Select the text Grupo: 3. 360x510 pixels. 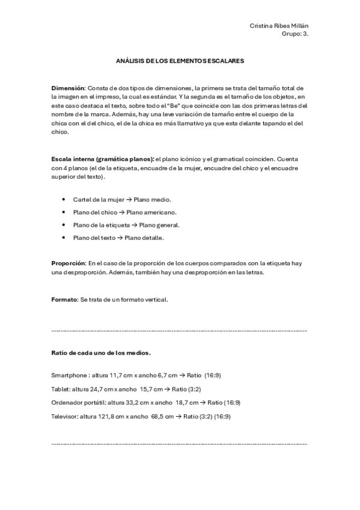coord(294,34)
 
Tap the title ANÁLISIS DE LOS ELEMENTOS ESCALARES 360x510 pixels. coord(180,61)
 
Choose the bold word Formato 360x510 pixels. coord(64,298)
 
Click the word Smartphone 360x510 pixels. coord(69,375)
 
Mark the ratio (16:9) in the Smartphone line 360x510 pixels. coord(212,375)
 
